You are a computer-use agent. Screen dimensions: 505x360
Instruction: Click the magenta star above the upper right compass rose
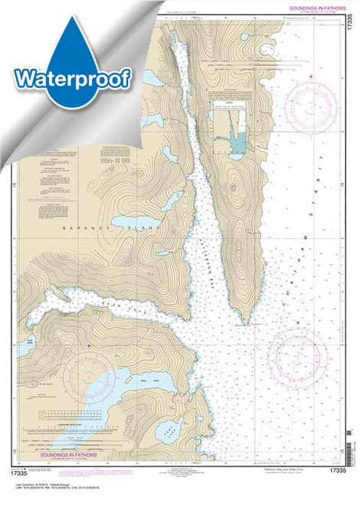[313, 77]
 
